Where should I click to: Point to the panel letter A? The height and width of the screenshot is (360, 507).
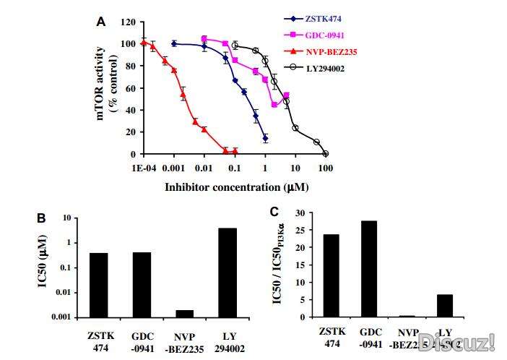tap(101, 22)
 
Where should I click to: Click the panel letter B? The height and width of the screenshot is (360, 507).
tap(42, 216)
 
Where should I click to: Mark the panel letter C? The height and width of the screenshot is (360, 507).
tap(274, 212)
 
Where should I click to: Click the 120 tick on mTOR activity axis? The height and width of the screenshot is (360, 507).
tap(128, 22)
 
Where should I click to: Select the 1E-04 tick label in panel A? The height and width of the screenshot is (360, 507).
tap(143, 168)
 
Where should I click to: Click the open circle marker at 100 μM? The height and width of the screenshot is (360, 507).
tap(326, 154)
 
